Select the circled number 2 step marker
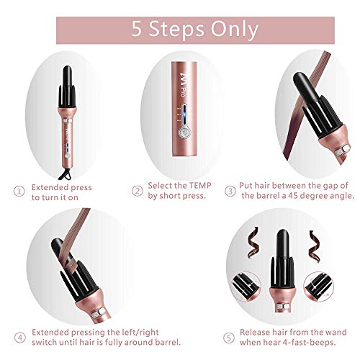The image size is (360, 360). coord(136,191)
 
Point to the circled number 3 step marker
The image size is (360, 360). coord(231,191)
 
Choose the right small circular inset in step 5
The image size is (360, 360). coord(318,284)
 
